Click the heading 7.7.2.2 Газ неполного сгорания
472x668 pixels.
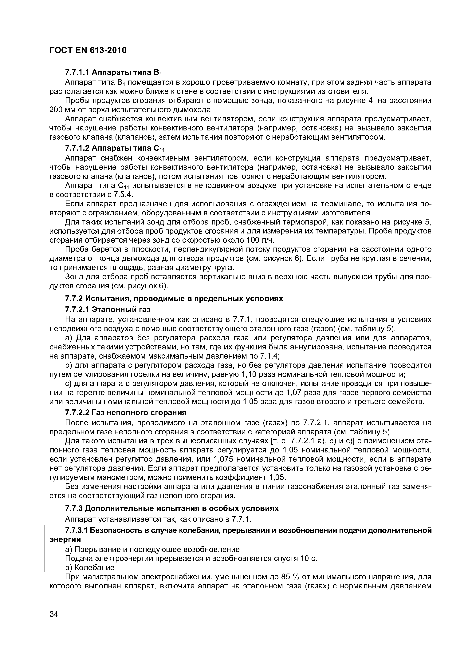[126, 413]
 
